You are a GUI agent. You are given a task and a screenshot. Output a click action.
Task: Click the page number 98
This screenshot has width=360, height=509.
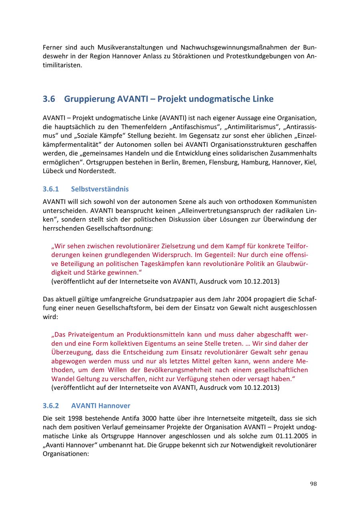click(313, 484)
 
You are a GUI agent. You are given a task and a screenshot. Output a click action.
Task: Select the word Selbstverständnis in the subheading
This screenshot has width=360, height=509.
click(100, 189)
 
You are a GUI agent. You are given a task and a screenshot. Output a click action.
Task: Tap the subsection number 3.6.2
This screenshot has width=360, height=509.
click(51, 405)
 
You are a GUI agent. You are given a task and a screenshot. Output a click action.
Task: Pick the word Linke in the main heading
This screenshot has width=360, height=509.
click(262, 99)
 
